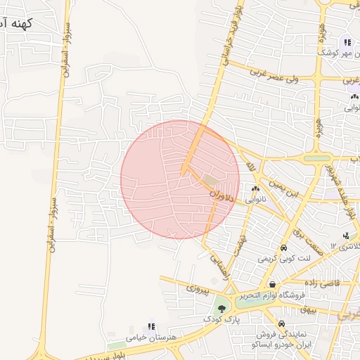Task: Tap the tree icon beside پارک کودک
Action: pyautogui.click(x=222, y=308)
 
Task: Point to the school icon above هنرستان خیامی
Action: pyautogui.click(x=151, y=326)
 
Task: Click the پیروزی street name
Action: pyautogui.click(x=198, y=288)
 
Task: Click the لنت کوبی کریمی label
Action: pyautogui.click(x=283, y=258)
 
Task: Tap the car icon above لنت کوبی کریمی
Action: pyautogui.click(x=283, y=248)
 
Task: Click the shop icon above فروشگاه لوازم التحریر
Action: pyautogui.click(x=271, y=285)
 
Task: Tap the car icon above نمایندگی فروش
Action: pyautogui.click(x=282, y=324)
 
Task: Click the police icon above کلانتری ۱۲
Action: pyautogui.click(x=345, y=236)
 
